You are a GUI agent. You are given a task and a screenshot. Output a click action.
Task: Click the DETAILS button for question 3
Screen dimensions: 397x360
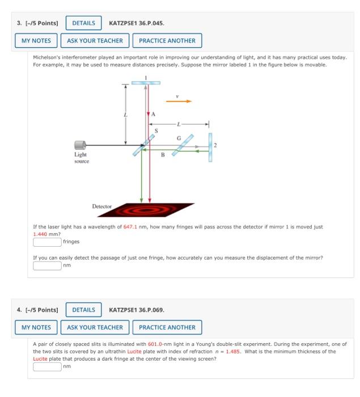tap(84, 23)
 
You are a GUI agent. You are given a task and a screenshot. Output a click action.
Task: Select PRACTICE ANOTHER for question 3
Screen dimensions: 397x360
tap(167, 41)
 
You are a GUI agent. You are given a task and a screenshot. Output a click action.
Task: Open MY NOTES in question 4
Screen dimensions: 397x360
tap(36, 327)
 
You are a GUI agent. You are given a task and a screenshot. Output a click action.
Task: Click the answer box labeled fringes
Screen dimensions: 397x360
tap(47, 242)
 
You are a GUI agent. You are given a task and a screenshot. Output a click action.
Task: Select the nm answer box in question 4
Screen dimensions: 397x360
tap(47, 366)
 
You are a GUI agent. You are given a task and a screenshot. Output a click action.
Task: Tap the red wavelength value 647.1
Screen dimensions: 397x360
tap(131, 227)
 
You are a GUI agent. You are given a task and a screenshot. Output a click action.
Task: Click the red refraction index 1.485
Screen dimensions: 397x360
tap(233, 352)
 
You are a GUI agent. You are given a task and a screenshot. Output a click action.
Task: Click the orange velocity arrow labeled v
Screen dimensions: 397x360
tap(178, 102)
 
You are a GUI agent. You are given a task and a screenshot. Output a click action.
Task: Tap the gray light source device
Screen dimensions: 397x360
tap(81, 145)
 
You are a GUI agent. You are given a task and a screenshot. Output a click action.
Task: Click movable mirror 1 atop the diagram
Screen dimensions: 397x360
tap(146, 83)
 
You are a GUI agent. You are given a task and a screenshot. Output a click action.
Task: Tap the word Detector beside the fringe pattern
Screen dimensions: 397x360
tap(102, 206)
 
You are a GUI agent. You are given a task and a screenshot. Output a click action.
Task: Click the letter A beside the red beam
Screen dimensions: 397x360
tap(151, 114)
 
